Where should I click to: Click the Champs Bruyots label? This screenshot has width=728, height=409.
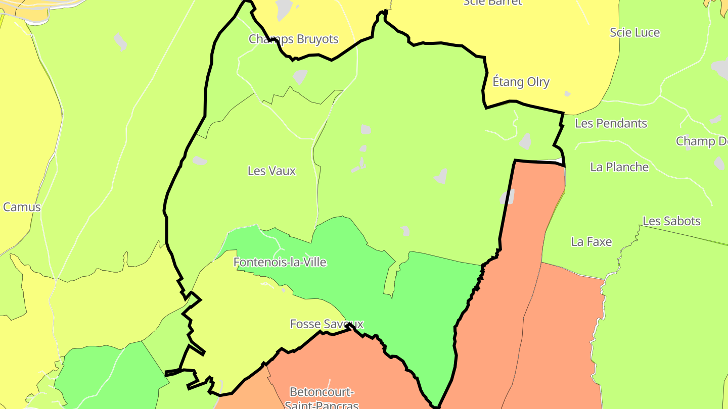point(293,39)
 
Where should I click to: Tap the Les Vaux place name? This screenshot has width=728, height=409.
point(271,171)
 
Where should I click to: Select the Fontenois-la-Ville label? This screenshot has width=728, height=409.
point(280,262)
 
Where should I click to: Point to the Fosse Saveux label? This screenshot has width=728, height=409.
point(327,324)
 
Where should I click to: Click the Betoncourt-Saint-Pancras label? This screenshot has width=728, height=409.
point(322,398)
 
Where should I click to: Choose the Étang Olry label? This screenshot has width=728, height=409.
point(521,82)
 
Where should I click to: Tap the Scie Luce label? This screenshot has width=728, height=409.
point(634,32)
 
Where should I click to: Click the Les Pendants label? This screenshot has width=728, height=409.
point(611,123)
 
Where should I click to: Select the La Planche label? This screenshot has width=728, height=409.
point(619,167)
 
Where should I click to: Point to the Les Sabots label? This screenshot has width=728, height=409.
point(671,221)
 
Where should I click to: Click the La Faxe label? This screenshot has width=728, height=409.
point(591,242)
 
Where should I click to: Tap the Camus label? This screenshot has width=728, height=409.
point(22,207)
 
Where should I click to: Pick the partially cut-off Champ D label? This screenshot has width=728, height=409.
point(702,141)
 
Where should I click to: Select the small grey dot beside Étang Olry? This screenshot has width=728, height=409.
point(567,93)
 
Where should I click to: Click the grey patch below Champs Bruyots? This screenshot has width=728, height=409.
point(300,76)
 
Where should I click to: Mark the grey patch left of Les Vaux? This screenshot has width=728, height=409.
point(200,161)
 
